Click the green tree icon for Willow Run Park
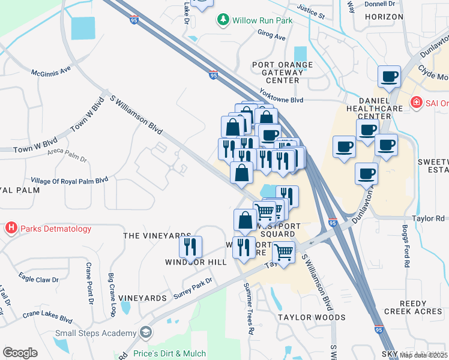click(x=223, y=20)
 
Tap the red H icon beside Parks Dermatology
click(x=11, y=229)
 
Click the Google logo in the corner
click(x=20, y=352)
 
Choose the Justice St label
click(x=310, y=11)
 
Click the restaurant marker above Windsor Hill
click(x=190, y=246)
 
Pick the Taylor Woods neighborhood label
click(x=311, y=317)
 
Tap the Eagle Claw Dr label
click(x=38, y=278)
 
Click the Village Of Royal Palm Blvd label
click(x=69, y=180)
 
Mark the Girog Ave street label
click(x=271, y=36)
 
